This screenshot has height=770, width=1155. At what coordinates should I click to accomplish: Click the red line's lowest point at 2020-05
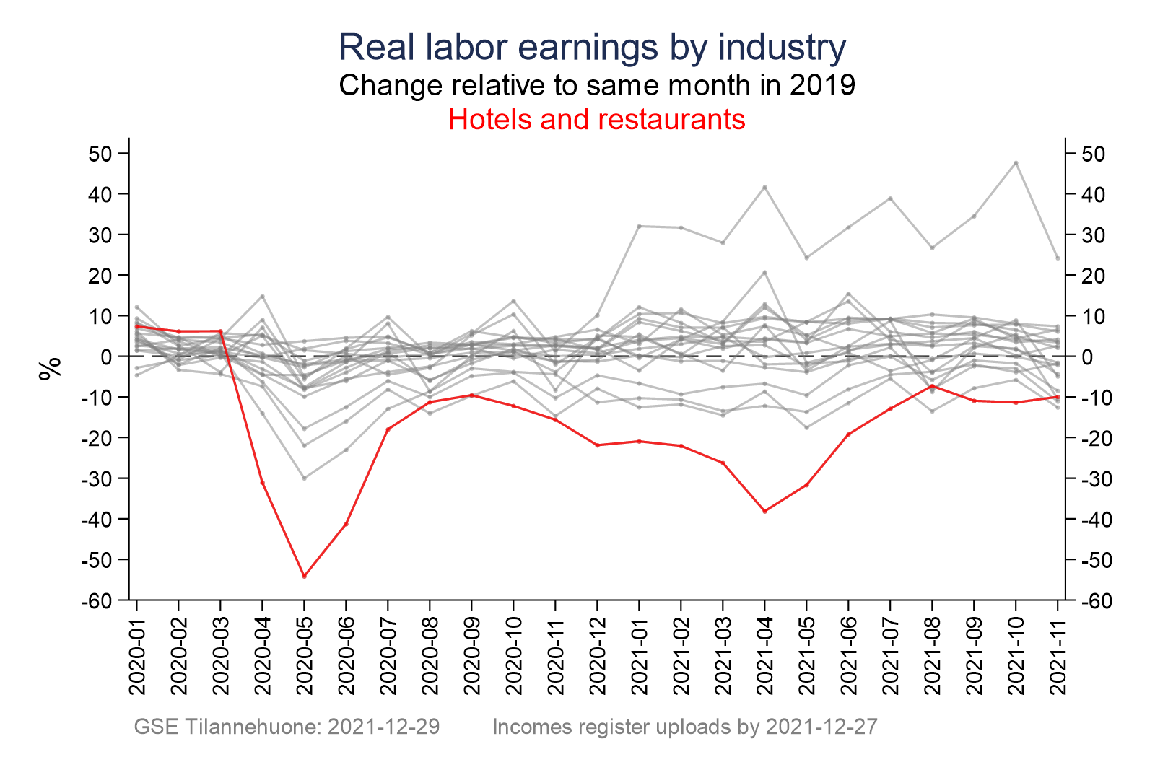304,576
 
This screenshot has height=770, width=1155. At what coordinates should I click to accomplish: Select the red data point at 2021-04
764,511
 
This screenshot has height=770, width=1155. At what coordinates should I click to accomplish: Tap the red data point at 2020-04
263,482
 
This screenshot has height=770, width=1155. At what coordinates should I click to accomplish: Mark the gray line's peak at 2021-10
1016,163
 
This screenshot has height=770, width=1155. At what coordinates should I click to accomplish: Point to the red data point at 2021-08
932,386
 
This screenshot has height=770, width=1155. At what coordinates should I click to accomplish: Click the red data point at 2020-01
137,326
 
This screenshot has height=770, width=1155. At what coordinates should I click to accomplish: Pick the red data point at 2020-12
597,445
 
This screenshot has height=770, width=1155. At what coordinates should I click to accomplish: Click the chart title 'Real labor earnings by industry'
592,48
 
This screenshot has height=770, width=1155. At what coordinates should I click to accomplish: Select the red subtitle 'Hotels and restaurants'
596,119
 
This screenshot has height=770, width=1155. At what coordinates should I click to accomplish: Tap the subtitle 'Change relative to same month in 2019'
597,85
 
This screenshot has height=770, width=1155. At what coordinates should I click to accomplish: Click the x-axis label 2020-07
388,657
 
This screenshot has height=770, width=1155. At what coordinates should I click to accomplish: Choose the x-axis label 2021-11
1058,657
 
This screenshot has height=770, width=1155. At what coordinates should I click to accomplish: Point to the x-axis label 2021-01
640,657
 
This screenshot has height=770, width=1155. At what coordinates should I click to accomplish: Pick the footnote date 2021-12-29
384,727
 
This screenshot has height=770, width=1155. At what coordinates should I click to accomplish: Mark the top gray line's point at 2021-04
764,187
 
